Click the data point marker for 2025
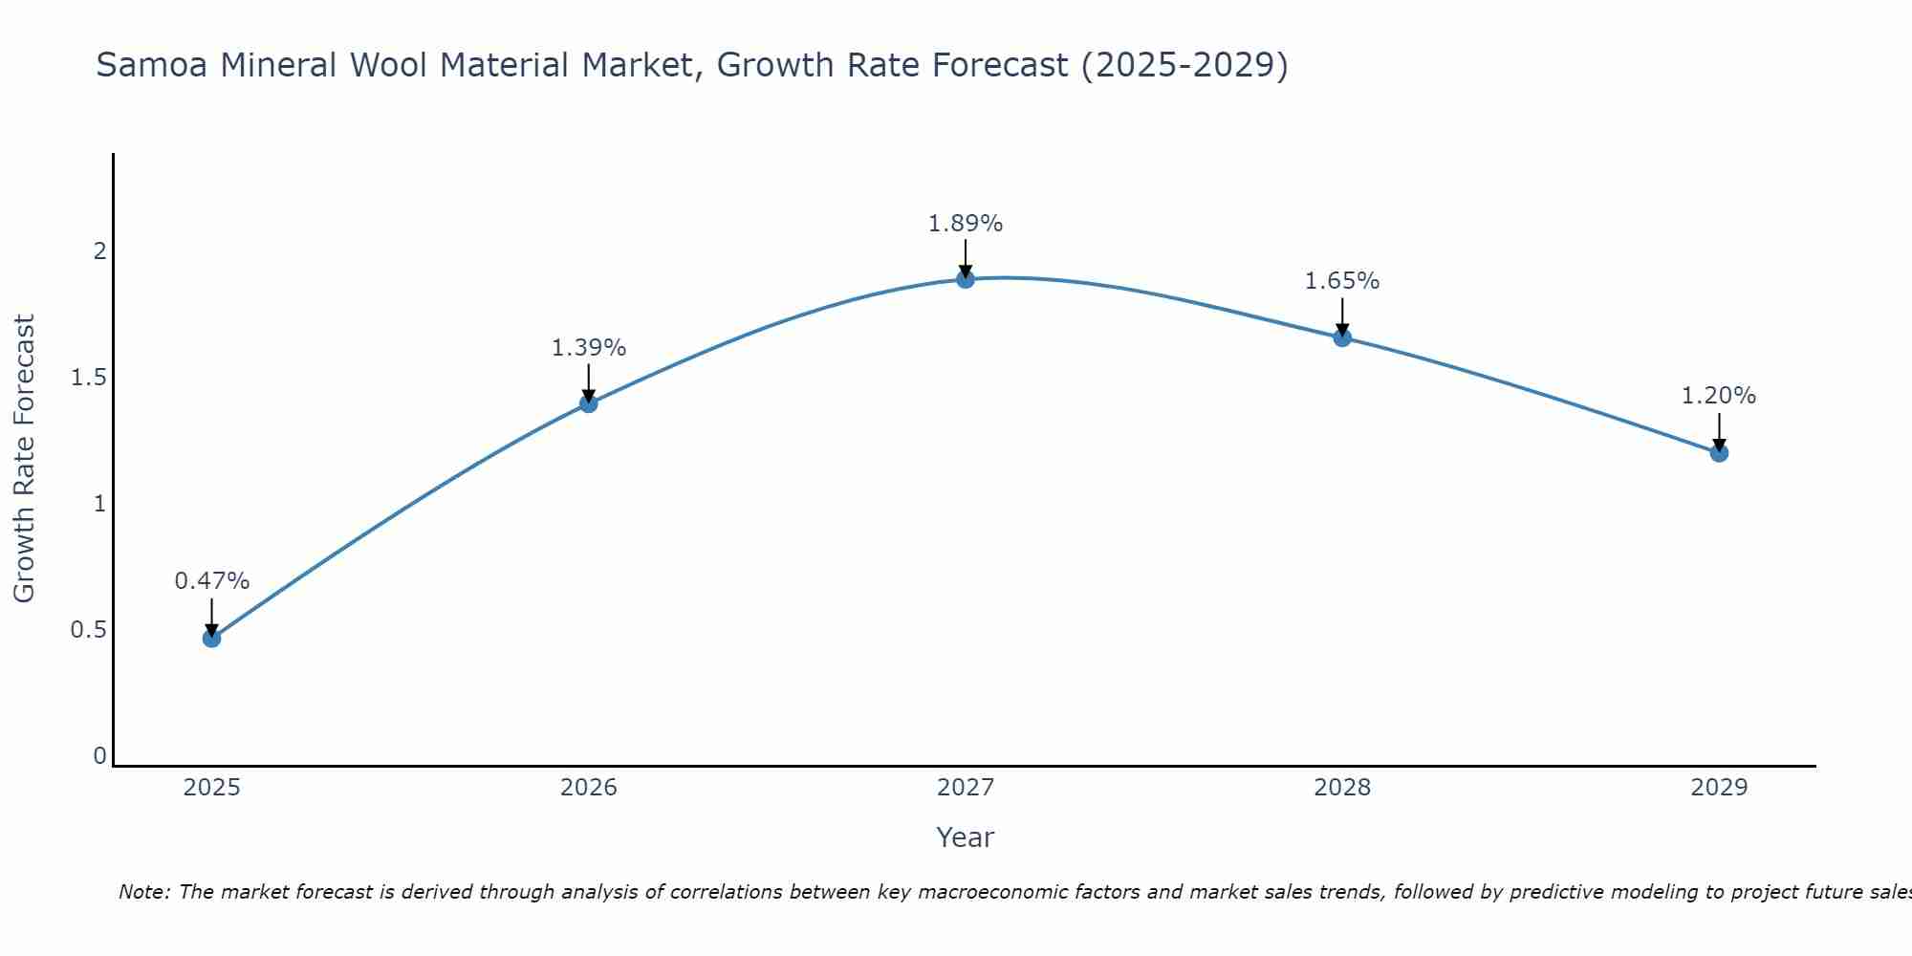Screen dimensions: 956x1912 [x=211, y=638]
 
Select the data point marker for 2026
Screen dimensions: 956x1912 [x=588, y=403]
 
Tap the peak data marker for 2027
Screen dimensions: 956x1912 [x=966, y=279]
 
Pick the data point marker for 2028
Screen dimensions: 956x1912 [x=1342, y=337]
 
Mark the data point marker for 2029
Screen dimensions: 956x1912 [x=1719, y=452]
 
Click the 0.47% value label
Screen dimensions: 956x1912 [x=211, y=581]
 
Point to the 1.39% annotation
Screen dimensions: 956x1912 [x=588, y=348]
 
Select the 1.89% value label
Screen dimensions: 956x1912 [x=966, y=224]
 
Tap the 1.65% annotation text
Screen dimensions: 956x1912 [x=1342, y=281]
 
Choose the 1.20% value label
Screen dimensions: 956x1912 [x=1719, y=396]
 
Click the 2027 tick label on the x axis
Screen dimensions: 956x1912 [x=966, y=788]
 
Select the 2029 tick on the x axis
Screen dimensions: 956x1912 [x=1719, y=788]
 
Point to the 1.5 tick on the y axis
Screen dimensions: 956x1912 [x=89, y=378]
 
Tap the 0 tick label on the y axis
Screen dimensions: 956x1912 [x=99, y=756]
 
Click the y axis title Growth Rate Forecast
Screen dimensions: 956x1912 [x=24, y=459]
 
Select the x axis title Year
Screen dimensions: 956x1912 [x=966, y=837]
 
